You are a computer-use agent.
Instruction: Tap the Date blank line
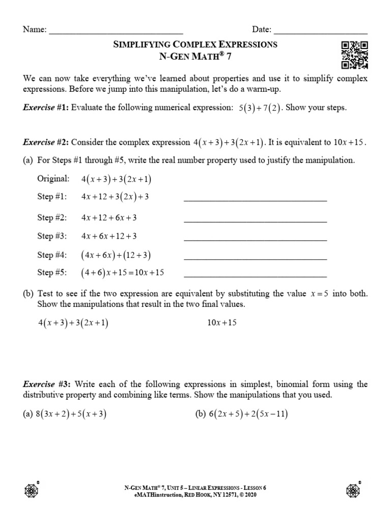tap(320, 32)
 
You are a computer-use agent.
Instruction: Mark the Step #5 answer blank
tap(255, 276)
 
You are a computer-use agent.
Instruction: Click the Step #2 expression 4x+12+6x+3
tap(108, 218)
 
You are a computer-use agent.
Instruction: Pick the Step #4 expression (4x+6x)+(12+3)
tap(116, 255)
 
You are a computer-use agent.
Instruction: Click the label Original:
tap(53, 179)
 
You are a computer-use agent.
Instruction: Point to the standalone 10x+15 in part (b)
tap(222, 323)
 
